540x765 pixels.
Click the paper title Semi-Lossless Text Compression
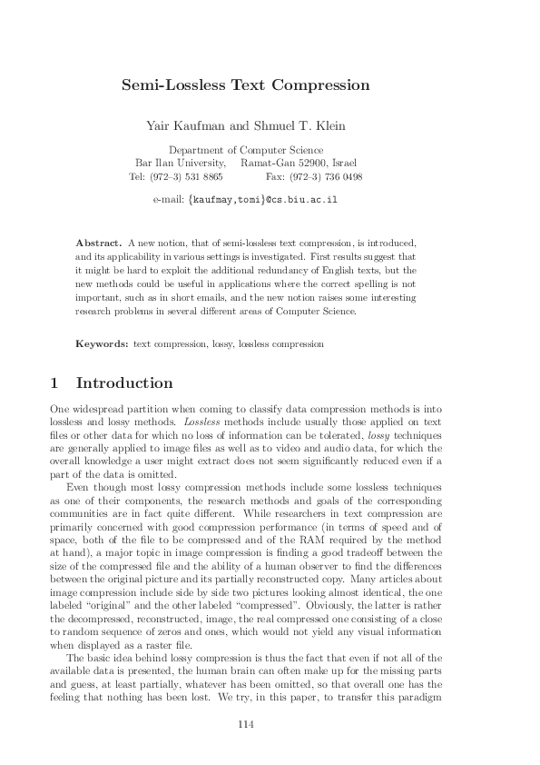click(x=246, y=85)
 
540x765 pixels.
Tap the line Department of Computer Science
click(x=246, y=150)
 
